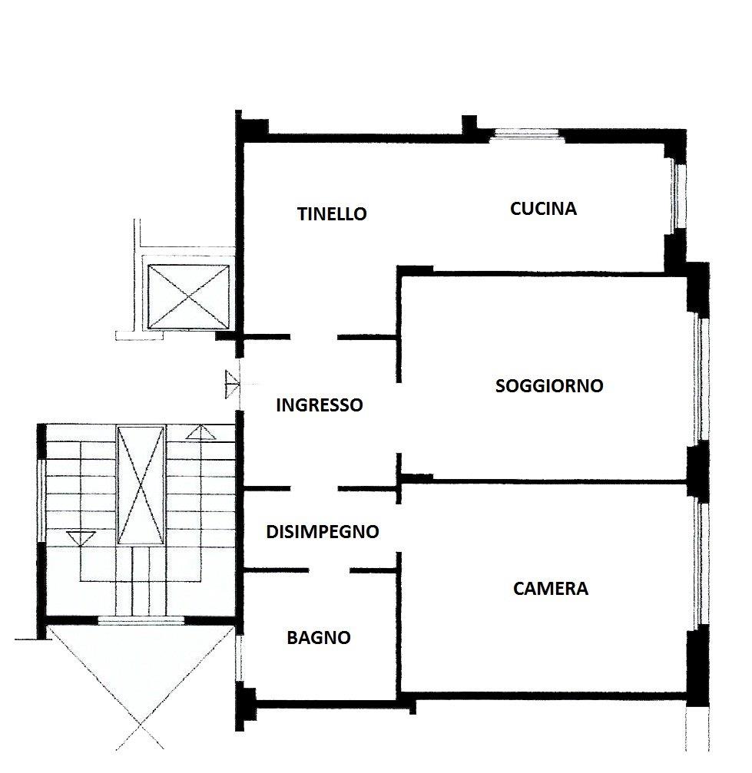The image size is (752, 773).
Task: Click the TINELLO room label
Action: coord(332,214)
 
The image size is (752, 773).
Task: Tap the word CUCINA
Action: coord(543,209)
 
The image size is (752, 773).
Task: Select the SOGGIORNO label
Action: coord(549,385)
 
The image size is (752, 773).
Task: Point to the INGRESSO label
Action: coord(320,405)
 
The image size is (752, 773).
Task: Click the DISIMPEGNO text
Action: coord(323,531)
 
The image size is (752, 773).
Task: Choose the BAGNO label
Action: coord(319,637)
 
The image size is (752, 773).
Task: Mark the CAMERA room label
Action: coord(551,589)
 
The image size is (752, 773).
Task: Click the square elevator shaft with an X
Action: coord(188,296)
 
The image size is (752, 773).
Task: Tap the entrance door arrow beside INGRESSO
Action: coord(232,384)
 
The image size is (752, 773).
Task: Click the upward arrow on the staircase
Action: coord(200,433)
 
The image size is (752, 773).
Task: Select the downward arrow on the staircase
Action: coord(80,538)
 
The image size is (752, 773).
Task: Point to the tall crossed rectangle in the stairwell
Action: coord(141,485)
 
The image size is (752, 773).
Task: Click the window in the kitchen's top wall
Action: coord(527,135)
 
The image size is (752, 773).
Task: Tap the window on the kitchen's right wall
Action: coord(677,197)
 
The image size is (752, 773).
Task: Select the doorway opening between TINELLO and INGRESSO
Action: coord(314,337)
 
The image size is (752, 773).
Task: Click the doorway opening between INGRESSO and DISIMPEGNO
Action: coord(314,488)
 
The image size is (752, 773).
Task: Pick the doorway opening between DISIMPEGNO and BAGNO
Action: coord(329,570)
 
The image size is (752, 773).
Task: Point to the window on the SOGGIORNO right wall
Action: coord(700,379)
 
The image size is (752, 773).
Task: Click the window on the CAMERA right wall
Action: coord(700,564)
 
